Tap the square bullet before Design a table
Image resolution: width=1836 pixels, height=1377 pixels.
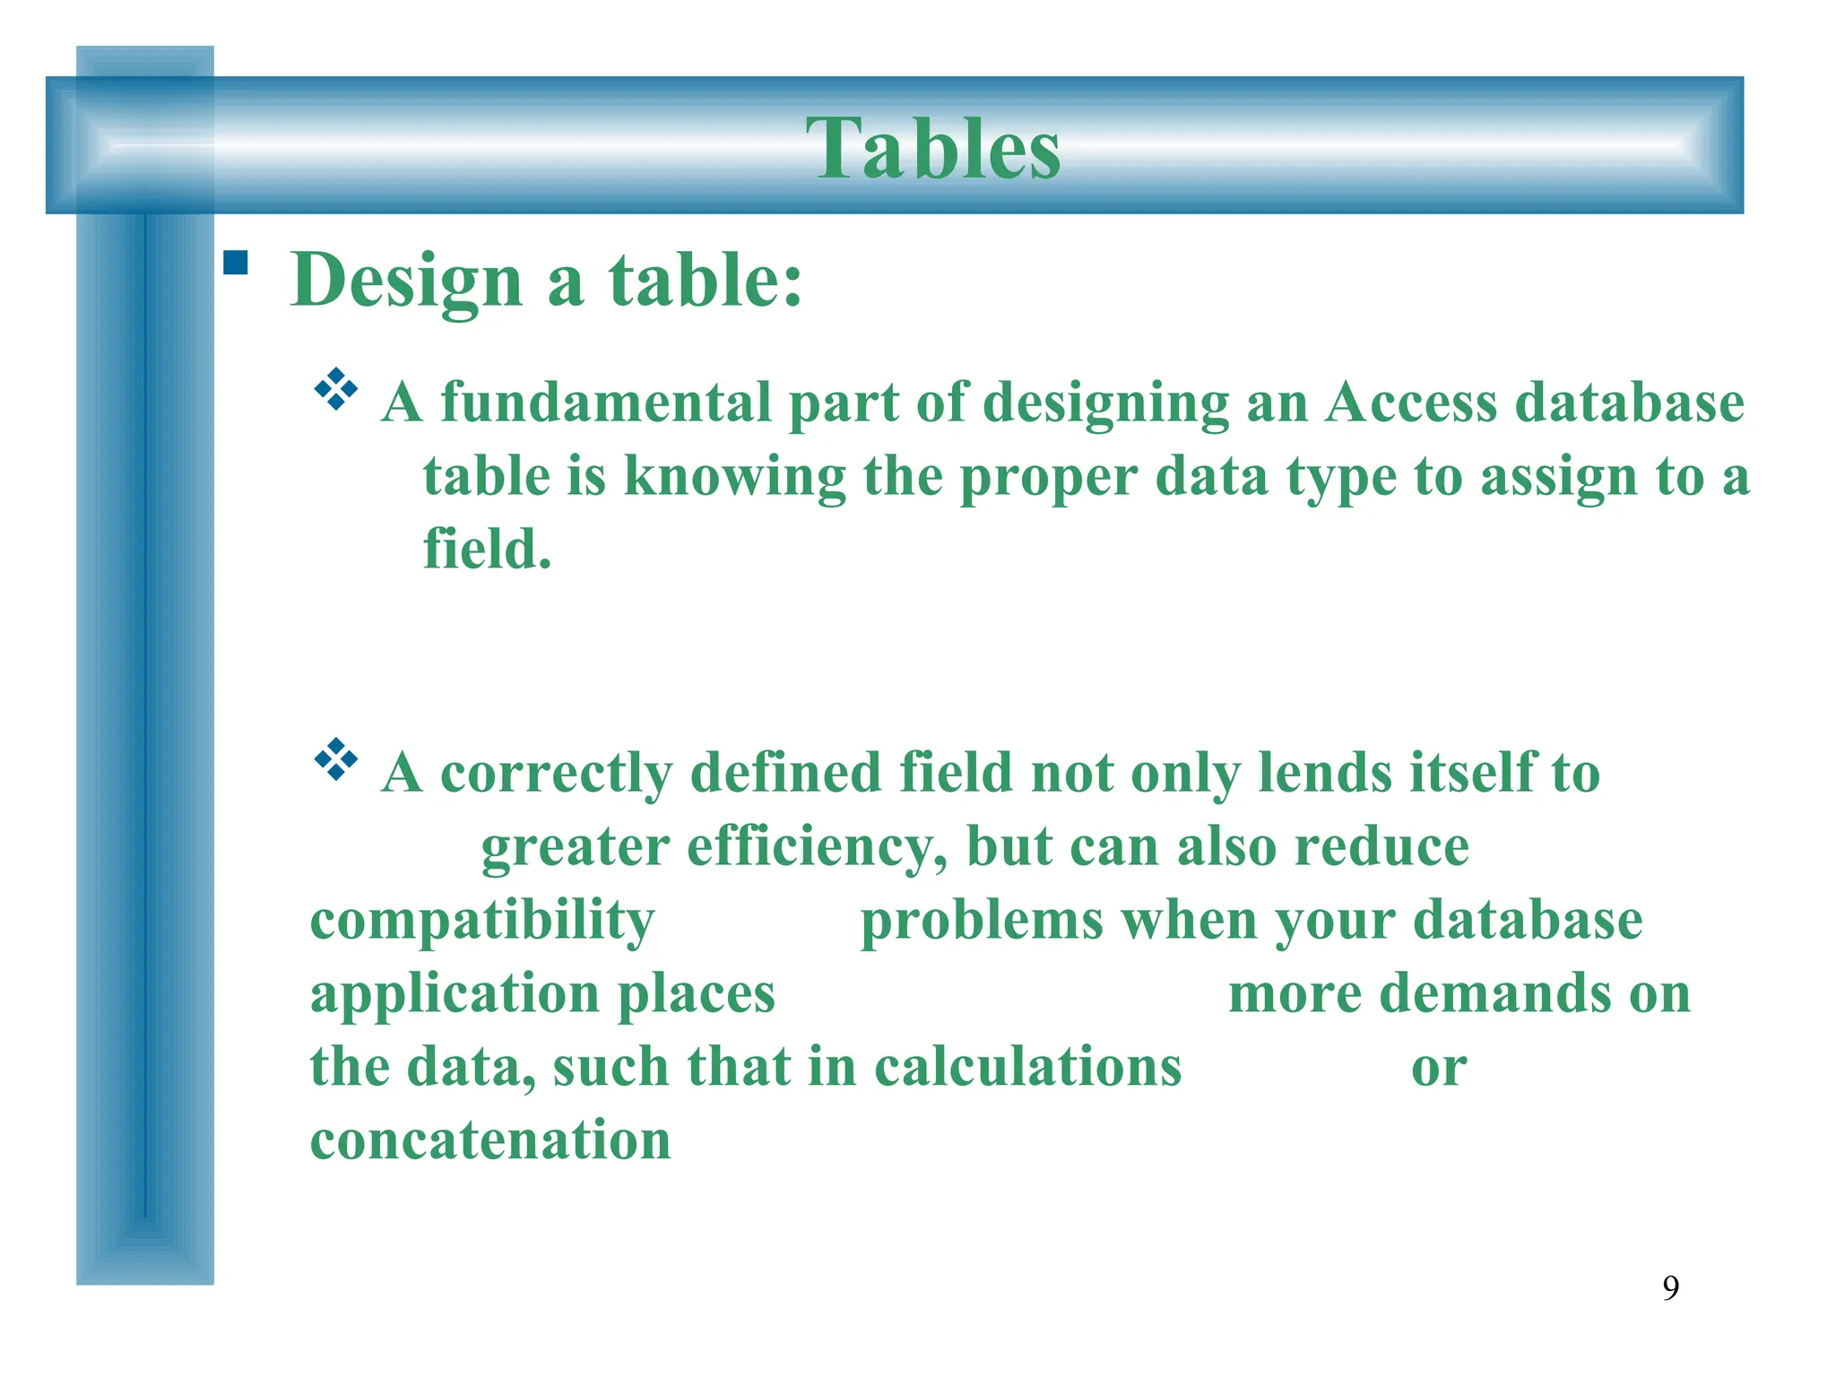click(x=236, y=262)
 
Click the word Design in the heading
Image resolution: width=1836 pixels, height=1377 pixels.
click(x=406, y=281)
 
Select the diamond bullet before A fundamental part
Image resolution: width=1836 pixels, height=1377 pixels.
click(x=336, y=389)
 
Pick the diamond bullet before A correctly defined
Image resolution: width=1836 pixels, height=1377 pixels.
click(x=336, y=759)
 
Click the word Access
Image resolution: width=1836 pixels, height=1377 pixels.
click(x=1411, y=403)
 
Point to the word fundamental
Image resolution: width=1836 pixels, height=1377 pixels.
click(x=606, y=403)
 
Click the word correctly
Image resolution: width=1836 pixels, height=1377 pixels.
click(x=556, y=773)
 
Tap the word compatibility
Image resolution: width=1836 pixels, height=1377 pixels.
click(x=482, y=921)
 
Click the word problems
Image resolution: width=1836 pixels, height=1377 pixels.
click(x=982, y=921)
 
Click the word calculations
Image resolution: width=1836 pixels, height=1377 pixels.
click(x=1027, y=1068)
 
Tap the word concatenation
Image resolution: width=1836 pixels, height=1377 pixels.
click(x=490, y=1140)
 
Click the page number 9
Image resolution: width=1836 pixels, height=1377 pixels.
click(x=1670, y=1288)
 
